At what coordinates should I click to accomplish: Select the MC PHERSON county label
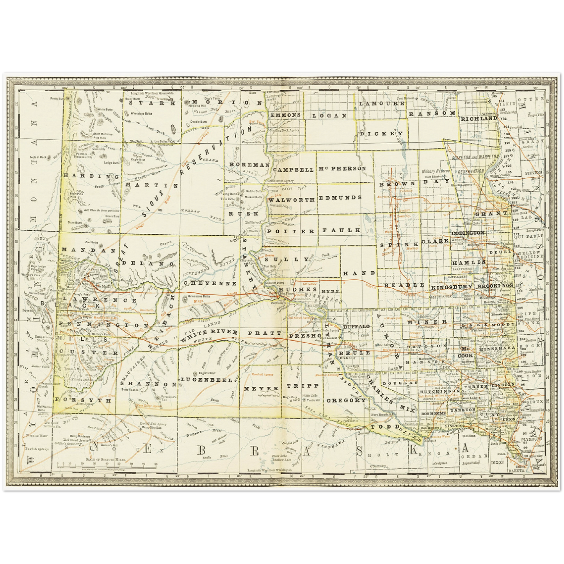[342, 169]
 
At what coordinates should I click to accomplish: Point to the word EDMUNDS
[340, 198]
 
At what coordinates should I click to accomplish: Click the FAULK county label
[341, 231]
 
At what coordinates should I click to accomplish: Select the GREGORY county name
[346, 400]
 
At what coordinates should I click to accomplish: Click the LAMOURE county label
[381, 104]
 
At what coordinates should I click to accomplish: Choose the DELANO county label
[148, 263]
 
